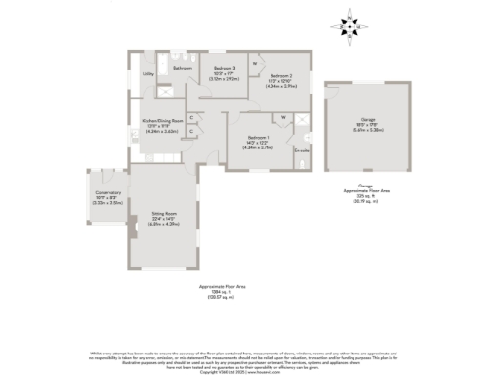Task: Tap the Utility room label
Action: pyautogui.click(x=149, y=74)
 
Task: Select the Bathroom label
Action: pyautogui.click(x=182, y=69)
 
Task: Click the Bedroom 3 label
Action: pyautogui.click(x=227, y=69)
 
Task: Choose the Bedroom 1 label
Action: pyautogui.click(x=258, y=138)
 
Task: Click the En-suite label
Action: pyautogui.click(x=302, y=151)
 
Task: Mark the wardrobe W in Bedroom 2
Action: pyautogui.click(x=255, y=63)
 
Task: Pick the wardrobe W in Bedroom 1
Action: pyautogui.click(x=282, y=119)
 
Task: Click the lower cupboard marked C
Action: pyautogui.click(x=192, y=131)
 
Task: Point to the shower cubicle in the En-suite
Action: pyautogui.click(x=302, y=122)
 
